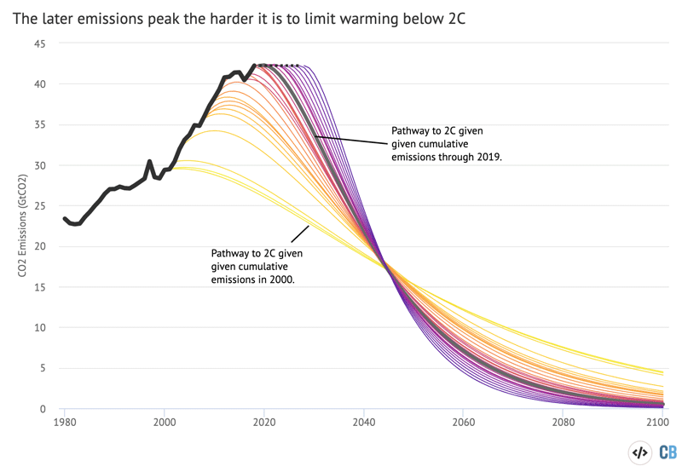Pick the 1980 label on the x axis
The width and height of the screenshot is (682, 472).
click(x=65, y=422)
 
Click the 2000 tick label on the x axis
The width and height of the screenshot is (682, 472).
click(x=165, y=422)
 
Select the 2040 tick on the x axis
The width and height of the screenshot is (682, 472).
click(x=364, y=422)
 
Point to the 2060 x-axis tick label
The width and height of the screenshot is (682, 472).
click(x=464, y=422)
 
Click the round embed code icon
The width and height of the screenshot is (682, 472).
click(x=639, y=452)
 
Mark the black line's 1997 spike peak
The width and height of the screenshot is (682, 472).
click(x=149, y=161)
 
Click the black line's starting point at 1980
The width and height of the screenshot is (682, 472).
click(x=65, y=219)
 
